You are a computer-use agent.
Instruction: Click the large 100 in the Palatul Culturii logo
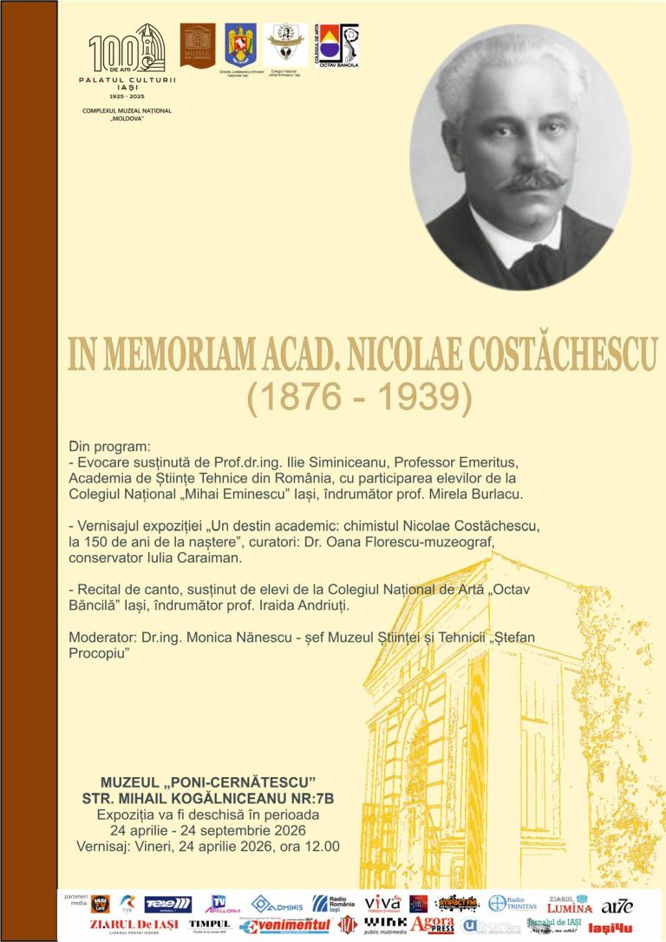click(x=108, y=51)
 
